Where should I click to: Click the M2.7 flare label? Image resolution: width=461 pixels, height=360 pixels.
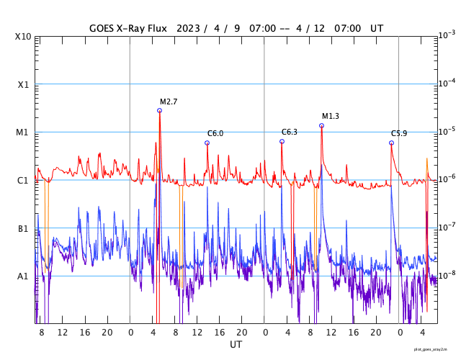[x=169, y=102]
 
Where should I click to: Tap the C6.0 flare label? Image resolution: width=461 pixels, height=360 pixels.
[x=215, y=133]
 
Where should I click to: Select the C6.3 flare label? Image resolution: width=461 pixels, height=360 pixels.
[x=289, y=132]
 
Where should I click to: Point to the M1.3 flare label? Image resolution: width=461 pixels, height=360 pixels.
[x=330, y=117]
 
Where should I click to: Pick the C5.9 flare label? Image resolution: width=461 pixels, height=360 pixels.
[x=399, y=133]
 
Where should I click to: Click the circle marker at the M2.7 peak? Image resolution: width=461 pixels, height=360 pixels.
[x=159, y=110]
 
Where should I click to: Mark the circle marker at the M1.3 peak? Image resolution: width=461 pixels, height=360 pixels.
[x=321, y=125]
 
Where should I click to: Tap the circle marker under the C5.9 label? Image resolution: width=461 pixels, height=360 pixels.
[x=391, y=143]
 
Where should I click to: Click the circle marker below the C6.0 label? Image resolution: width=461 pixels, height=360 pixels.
[x=207, y=143]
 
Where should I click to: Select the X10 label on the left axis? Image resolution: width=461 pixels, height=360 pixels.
[x=23, y=36]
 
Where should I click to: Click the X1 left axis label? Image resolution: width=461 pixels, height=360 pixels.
[x=23, y=84]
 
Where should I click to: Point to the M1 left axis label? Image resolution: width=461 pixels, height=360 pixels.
[x=23, y=132]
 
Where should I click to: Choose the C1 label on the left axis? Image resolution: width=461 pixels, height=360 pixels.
[x=23, y=180]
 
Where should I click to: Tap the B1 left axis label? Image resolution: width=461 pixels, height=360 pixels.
[x=23, y=228]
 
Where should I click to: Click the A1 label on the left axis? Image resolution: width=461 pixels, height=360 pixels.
[x=23, y=276]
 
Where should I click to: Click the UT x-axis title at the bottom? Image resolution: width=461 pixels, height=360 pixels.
[x=236, y=345]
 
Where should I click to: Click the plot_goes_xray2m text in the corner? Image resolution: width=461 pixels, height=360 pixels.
[x=436, y=348]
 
